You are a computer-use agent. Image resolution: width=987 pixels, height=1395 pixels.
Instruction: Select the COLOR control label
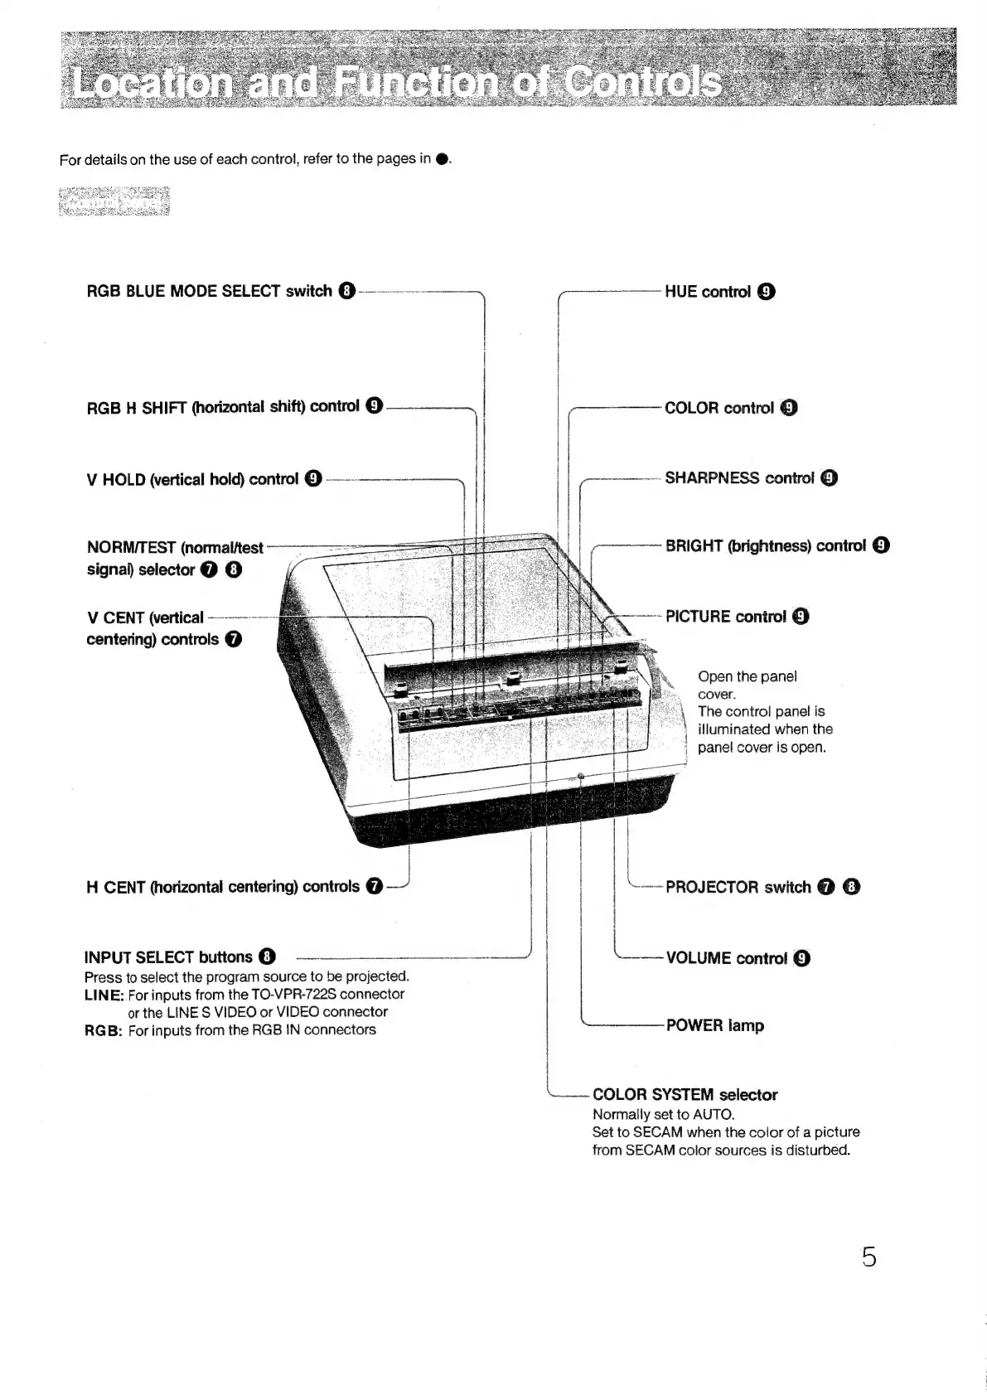point(719,408)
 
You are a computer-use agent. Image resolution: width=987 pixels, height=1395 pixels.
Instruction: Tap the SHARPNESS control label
point(739,478)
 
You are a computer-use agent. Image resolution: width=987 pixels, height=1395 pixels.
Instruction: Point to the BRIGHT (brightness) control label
point(766,546)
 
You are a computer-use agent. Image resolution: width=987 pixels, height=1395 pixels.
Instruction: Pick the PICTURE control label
point(725,617)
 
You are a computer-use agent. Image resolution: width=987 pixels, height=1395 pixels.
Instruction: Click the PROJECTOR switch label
point(738,888)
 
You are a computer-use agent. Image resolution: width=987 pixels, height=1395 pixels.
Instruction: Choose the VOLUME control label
point(726,959)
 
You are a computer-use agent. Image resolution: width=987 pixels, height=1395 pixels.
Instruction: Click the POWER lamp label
point(714,1026)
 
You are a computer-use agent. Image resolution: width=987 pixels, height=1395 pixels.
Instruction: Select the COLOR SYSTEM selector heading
point(685,1095)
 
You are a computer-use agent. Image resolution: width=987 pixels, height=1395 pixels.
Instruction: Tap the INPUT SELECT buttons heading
point(168,957)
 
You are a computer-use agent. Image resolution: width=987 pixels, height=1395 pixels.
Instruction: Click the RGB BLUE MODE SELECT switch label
point(209,292)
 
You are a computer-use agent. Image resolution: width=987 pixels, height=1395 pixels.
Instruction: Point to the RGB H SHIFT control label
point(223,407)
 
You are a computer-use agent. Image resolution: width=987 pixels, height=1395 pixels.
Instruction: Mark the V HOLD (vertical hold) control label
point(192,479)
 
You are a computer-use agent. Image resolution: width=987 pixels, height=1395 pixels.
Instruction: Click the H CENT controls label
point(222,887)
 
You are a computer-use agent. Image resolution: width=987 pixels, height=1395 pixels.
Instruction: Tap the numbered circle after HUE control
point(767,292)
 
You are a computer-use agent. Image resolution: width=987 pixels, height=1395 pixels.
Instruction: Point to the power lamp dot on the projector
point(580,776)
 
